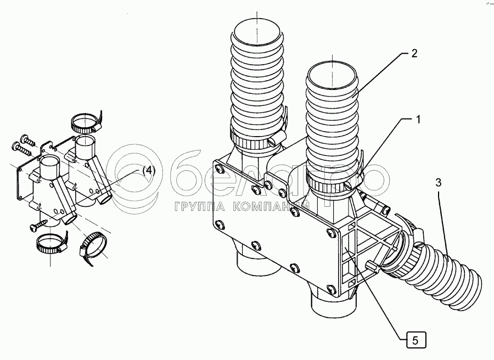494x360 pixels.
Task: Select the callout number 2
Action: [414, 54]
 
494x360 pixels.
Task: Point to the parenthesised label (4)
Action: [149, 171]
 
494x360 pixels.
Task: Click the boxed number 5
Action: [416, 340]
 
